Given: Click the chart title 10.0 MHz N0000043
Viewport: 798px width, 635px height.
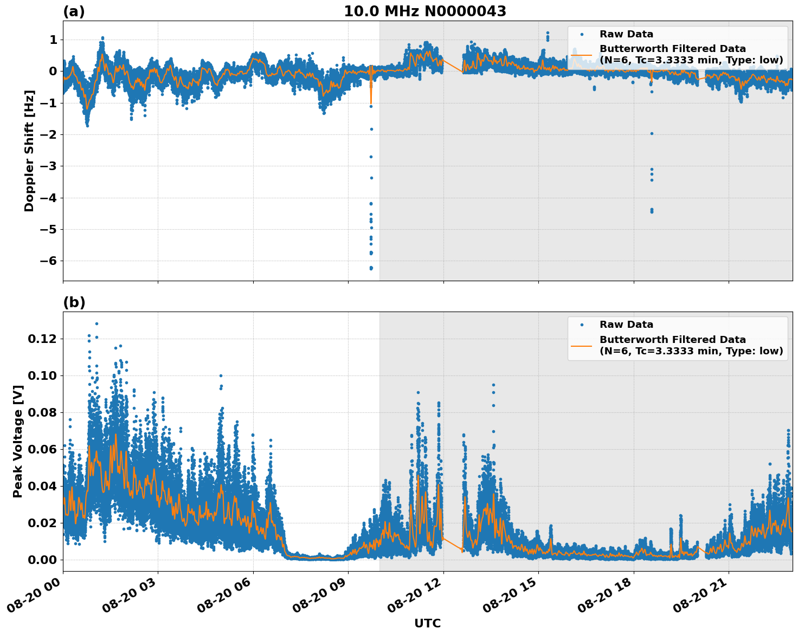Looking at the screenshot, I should [424, 11].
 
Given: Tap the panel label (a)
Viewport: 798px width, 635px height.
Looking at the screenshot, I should [74, 11].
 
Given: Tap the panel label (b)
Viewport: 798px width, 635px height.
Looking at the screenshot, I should [74, 302].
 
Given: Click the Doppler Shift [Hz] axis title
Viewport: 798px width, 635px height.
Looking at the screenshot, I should [29, 151].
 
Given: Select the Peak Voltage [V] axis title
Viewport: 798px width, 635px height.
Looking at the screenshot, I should [18, 441].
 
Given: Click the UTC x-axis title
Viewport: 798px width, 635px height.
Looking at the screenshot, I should [427, 623].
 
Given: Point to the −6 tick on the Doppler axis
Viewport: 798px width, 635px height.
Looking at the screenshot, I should [49, 261].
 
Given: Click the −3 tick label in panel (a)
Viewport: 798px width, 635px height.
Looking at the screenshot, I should [49, 166].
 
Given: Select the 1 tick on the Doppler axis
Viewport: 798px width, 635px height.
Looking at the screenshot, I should [53, 40].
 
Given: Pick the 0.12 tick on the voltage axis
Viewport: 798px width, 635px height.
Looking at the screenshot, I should [43, 339].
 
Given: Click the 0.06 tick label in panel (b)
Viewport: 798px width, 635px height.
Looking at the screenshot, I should [43, 449].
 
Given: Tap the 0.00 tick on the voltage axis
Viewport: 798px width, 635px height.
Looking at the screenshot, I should [43, 560].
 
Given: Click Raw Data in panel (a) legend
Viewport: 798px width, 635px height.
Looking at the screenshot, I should [626, 34].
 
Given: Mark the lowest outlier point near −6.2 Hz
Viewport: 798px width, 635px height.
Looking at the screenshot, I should [371, 268].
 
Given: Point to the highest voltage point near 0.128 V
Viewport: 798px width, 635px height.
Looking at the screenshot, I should [96, 323].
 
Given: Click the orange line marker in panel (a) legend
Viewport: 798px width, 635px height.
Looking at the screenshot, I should [582, 54].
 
